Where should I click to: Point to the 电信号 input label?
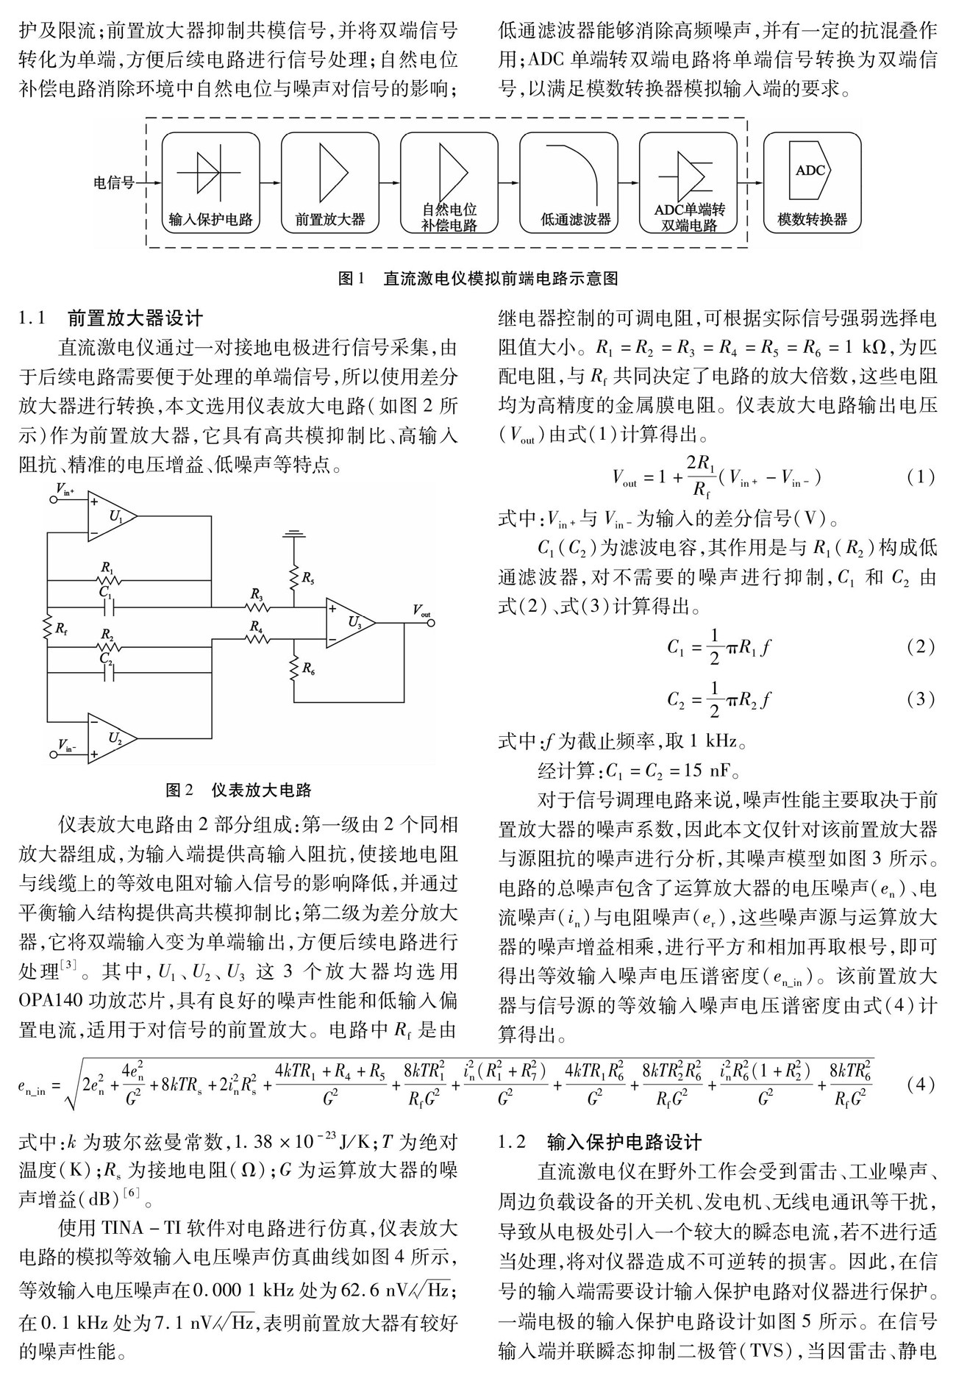113,182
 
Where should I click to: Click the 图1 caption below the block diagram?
477,279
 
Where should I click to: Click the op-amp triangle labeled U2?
114,736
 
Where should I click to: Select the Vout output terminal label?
421,610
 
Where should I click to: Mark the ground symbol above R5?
294,533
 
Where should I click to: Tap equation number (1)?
920,479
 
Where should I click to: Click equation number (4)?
920,1085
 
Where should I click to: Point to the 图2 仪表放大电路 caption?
239,790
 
